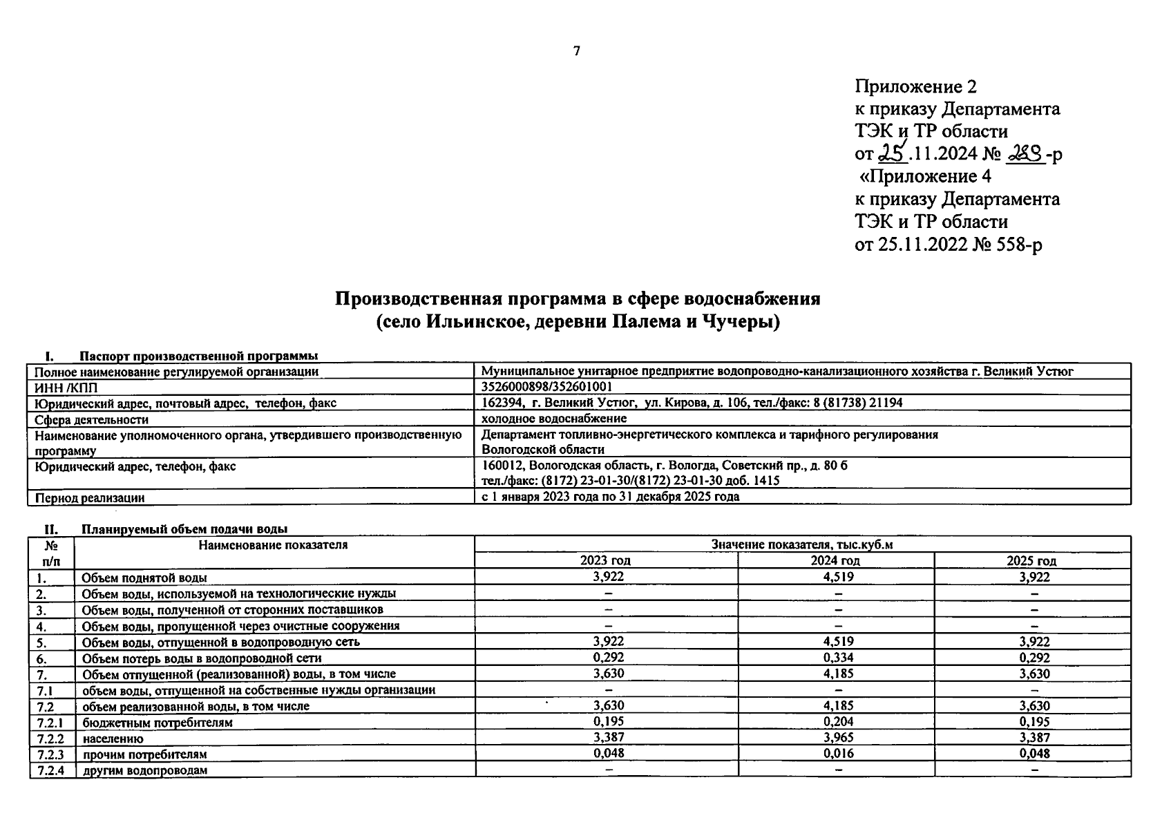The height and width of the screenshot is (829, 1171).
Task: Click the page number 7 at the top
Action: [577, 51]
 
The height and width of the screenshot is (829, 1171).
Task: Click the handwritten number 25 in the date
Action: [891, 153]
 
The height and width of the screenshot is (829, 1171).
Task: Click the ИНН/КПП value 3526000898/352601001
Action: [546, 387]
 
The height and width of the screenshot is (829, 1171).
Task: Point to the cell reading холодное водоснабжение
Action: [554, 419]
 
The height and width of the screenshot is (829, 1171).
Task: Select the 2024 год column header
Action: [835, 560]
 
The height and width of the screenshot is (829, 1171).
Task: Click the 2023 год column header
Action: [606, 560]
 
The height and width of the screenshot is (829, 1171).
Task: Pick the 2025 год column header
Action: [1032, 560]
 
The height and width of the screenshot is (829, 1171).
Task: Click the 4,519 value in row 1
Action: [839, 577]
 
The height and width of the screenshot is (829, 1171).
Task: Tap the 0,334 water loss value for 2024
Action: [839, 658]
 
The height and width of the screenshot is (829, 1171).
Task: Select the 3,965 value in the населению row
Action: [839, 738]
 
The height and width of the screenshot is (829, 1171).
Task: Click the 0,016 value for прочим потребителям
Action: [839, 754]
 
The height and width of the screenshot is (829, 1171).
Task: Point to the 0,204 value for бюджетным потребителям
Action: [839, 722]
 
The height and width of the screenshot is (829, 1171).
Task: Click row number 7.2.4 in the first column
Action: [50, 770]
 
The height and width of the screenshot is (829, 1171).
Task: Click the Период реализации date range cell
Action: [610, 497]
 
